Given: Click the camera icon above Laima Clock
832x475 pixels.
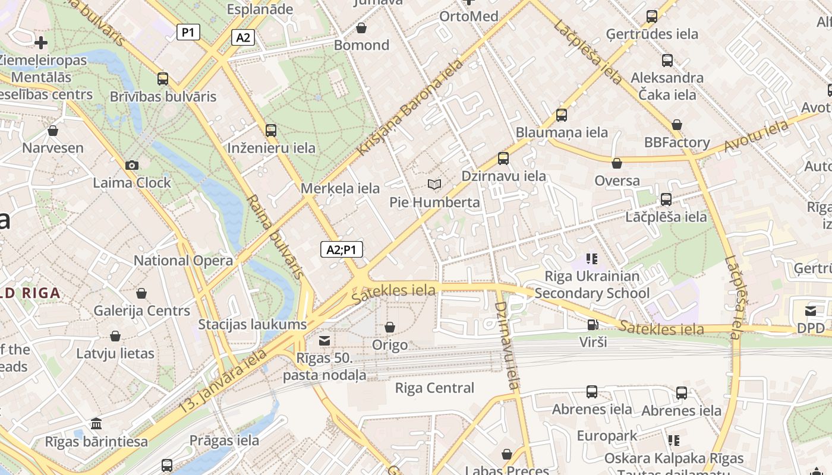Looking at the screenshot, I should coord(132,165).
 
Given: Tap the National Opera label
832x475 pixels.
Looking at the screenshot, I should coord(183,260).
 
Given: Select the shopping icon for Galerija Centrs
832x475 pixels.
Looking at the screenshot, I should coord(141,293).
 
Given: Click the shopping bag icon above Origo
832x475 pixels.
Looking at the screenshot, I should coord(390,327).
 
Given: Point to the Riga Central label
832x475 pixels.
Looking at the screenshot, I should coord(434,388).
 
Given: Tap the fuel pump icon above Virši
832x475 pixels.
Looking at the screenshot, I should coord(593,325).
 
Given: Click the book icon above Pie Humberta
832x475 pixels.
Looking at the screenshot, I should coord(434,185).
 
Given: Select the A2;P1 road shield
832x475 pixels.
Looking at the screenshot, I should coord(341,249).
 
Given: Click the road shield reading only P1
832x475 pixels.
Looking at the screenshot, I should coord(188,32).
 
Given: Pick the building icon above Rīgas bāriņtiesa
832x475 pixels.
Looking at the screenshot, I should coord(96,424).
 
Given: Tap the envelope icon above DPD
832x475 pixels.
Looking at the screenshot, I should coord(811,311).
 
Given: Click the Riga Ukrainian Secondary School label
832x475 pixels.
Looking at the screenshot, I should coord(592,284).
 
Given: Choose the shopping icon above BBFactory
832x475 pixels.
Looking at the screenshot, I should coord(676,125).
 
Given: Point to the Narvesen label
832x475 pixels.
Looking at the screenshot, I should coord(53,147).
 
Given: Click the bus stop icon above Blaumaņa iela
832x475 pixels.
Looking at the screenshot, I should coord(562,115).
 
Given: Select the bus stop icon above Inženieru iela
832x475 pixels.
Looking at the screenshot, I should coord(271,131).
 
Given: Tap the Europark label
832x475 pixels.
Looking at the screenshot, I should coord(607,436).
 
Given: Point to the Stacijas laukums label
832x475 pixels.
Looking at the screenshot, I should coord(252,324).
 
